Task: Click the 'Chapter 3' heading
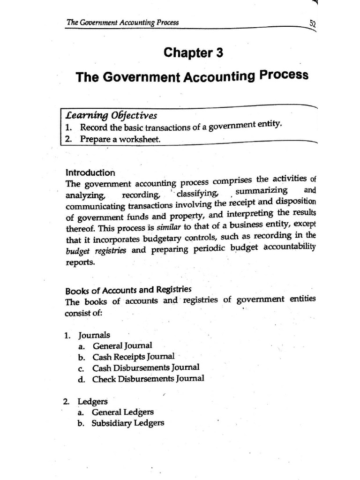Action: coord(193,53)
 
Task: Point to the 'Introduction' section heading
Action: coord(90,172)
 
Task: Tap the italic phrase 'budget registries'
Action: coord(96,251)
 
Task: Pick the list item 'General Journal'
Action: coord(122,346)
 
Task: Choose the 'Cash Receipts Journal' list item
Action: coord(133,357)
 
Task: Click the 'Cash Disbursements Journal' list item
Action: coord(145,367)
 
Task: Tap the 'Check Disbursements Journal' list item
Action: coord(148,379)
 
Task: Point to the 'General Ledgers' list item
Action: coord(123,412)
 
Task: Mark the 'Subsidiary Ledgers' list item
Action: coord(128,423)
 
